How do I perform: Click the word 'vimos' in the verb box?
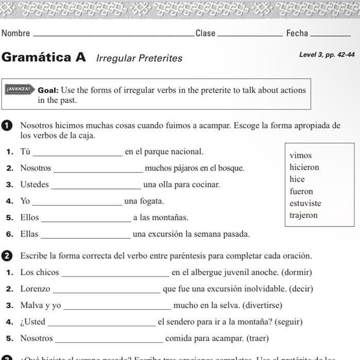tap(301, 156)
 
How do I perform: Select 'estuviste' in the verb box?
tap(305, 203)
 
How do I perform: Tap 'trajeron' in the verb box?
tap(304, 215)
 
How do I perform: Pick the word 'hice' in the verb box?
tap(297, 179)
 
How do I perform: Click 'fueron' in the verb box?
tap(301, 192)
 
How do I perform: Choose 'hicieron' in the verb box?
tap(304, 167)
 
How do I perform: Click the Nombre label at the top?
tap(16, 33)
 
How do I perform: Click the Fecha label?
tap(297, 33)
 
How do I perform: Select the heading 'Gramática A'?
tap(44, 57)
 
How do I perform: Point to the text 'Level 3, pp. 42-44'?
tap(327, 55)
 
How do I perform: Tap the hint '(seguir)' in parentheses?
tap(288, 322)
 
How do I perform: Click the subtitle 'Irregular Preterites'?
tap(139, 58)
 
